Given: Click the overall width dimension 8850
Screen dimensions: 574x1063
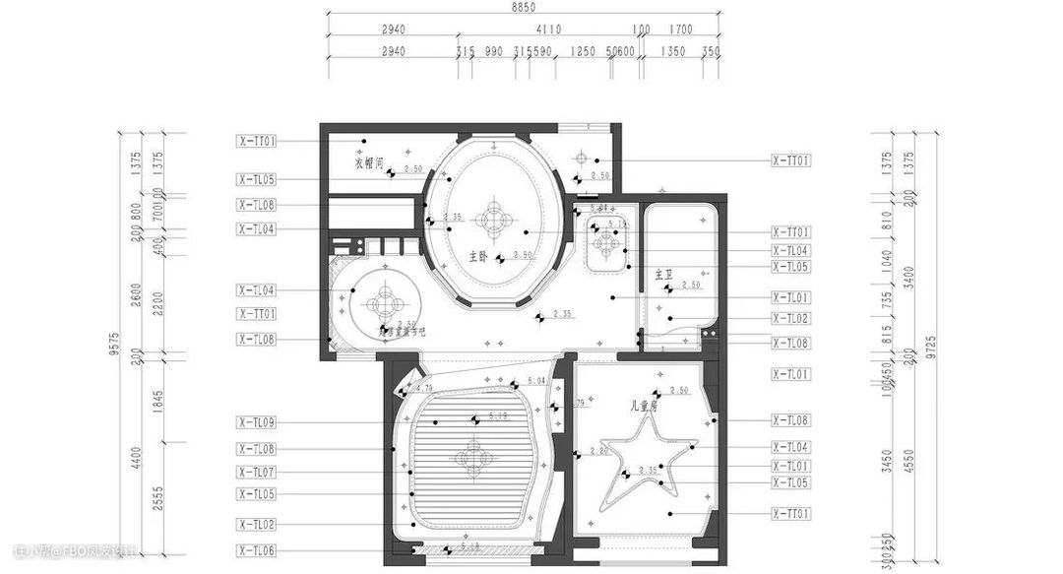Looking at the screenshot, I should point(523,7).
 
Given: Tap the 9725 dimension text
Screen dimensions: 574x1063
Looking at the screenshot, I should point(932,346).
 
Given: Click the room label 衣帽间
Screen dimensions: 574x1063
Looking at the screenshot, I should point(369,162).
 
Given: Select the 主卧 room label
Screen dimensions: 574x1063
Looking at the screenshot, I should point(478,256).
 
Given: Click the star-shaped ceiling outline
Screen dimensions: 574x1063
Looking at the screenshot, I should point(650,463).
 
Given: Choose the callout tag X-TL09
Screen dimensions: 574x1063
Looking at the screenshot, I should point(256,422).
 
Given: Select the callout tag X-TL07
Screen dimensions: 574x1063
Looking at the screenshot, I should point(256,473).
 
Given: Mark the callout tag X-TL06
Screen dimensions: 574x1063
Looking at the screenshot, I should point(256,550).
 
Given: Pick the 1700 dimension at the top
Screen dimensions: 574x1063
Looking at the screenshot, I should point(680,30).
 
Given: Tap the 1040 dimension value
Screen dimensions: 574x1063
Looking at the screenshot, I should point(889,260).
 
